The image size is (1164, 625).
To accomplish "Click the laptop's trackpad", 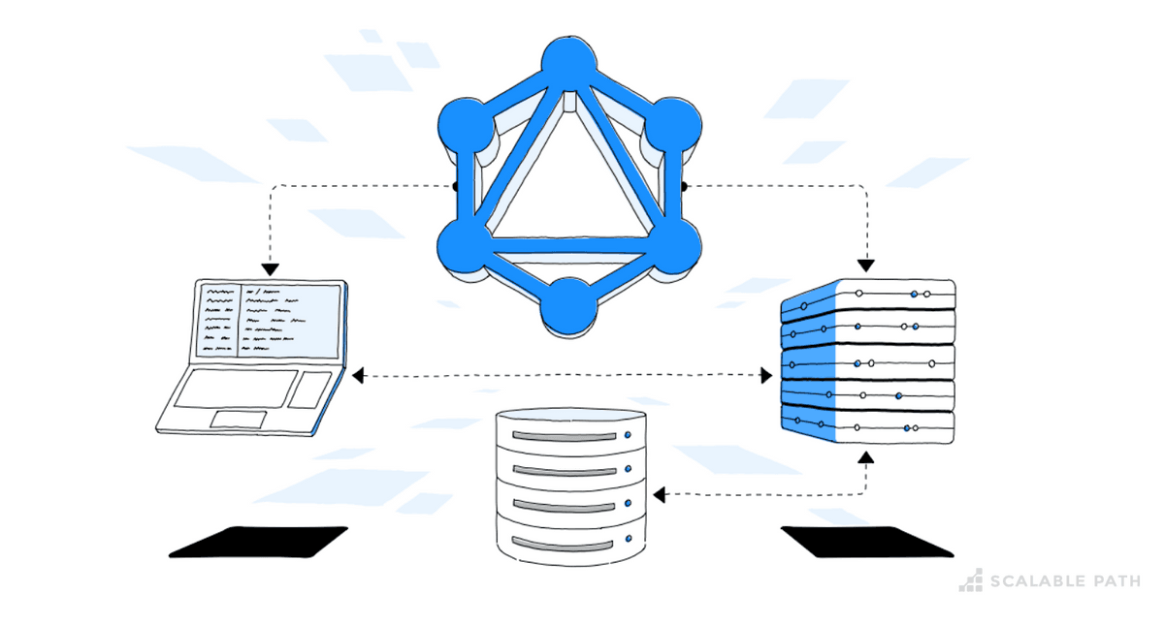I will click(x=239, y=419).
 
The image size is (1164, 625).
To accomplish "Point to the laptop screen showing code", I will click(x=271, y=319).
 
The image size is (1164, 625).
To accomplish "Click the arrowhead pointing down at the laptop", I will click(x=270, y=268).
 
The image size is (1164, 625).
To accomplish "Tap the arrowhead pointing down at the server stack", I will click(x=866, y=264).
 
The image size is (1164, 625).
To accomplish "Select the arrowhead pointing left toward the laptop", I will click(x=358, y=375).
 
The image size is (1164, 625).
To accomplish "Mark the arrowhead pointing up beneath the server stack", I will click(x=866, y=454).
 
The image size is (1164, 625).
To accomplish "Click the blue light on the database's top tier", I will click(x=629, y=435).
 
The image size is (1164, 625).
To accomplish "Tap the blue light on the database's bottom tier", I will click(x=629, y=539).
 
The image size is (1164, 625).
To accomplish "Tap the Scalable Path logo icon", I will click(x=971, y=580).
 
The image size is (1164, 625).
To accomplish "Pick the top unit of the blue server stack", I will click(x=868, y=294).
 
